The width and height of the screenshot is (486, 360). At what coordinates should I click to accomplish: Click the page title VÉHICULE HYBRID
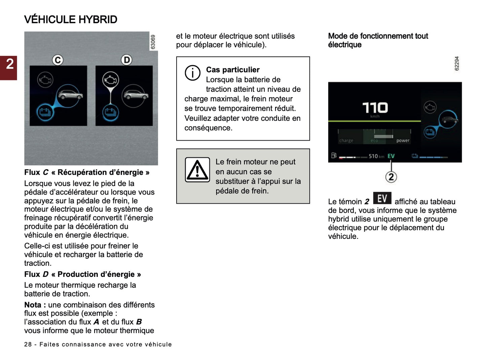click(x=71, y=20)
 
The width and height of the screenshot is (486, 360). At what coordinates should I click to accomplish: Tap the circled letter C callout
click(x=58, y=60)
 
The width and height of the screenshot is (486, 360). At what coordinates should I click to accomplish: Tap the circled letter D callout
click(x=126, y=60)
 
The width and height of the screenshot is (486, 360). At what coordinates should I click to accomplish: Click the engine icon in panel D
click(x=110, y=80)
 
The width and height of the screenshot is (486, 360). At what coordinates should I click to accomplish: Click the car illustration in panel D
click(x=135, y=96)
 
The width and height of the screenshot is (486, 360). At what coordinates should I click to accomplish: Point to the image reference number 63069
click(x=153, y=42)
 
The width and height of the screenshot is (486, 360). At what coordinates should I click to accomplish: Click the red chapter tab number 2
click(x=9, y=64)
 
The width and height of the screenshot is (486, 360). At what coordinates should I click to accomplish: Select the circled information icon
click(x=192, y=73)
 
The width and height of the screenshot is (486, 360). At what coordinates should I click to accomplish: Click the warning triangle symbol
click(x=197, y=170)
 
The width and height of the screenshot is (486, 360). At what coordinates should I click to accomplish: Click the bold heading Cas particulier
click(x=233, y=70)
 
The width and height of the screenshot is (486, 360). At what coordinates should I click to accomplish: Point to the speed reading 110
click(x=375, y=108)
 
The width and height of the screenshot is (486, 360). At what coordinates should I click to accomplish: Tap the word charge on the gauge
click(x=346, y=141)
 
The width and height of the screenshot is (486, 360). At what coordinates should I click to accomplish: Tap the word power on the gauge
click(x=403, y=141)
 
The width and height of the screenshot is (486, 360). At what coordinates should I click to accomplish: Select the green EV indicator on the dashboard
click(x=391, y=156)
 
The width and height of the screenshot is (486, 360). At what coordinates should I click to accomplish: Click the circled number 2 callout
click(x=391, y=177)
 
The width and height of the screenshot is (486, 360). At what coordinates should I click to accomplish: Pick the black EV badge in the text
click(x=382, y=199)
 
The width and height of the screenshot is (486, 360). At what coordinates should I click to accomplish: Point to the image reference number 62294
click(x=457, y=64)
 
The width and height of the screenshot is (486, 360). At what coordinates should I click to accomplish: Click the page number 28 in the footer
click(x=28, y=345)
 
